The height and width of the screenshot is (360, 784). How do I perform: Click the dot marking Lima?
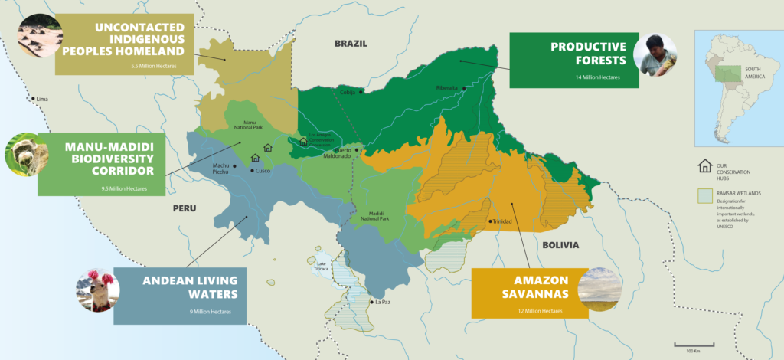click(32, 100)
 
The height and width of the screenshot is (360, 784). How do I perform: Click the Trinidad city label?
click(502, 221)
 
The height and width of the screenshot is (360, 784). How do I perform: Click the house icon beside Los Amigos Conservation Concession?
click(303, 142)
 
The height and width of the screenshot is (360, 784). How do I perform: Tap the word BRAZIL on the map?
click(351, 44)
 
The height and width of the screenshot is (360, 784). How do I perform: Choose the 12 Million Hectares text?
click(541, 311)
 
